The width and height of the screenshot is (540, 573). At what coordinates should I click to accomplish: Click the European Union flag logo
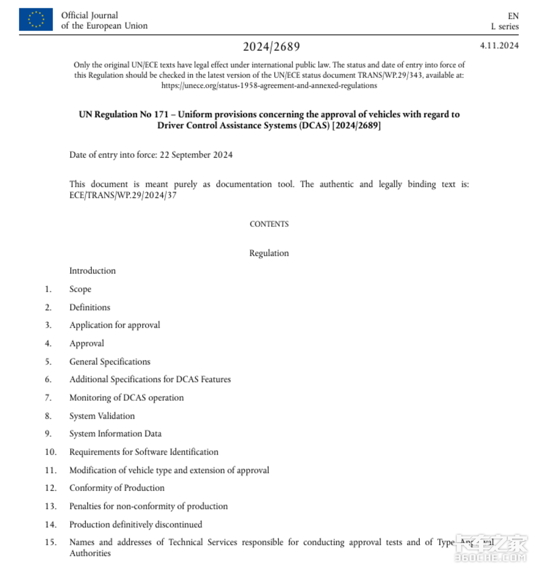[36, 19]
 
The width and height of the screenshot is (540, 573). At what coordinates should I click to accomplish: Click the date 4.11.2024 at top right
[499, 45]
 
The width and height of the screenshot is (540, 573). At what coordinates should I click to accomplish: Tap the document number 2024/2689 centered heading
[271, 46]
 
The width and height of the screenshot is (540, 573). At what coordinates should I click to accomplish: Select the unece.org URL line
[269, 86]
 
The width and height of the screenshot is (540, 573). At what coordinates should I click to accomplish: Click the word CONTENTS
[269, 224]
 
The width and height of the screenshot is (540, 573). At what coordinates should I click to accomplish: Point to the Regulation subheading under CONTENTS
[269, 253]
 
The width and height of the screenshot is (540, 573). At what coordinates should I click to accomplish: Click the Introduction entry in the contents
[92, 271]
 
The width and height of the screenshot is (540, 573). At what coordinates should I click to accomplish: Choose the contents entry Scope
[80, 289]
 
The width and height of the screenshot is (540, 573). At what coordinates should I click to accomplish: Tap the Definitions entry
[90, 307]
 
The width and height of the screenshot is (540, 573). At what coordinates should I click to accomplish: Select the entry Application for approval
[115, 325]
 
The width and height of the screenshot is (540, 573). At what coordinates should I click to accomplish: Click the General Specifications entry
[110, 361]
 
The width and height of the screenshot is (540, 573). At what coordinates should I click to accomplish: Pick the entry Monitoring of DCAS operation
[126, 397]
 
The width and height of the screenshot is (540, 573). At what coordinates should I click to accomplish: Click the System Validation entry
[102, 416]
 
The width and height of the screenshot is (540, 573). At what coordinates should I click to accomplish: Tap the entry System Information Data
[115, 433]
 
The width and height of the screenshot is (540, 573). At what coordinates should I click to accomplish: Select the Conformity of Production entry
[117, 488]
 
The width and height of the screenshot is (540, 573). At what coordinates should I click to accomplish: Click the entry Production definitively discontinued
[135, 524]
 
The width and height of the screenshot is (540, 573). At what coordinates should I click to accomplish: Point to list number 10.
[50, 452]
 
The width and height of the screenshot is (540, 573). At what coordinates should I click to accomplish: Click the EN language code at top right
[513, 16]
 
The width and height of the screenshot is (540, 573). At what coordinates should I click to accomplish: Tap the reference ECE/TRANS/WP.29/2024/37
[123, 195]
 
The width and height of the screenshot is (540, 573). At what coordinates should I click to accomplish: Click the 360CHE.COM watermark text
[490, 558]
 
